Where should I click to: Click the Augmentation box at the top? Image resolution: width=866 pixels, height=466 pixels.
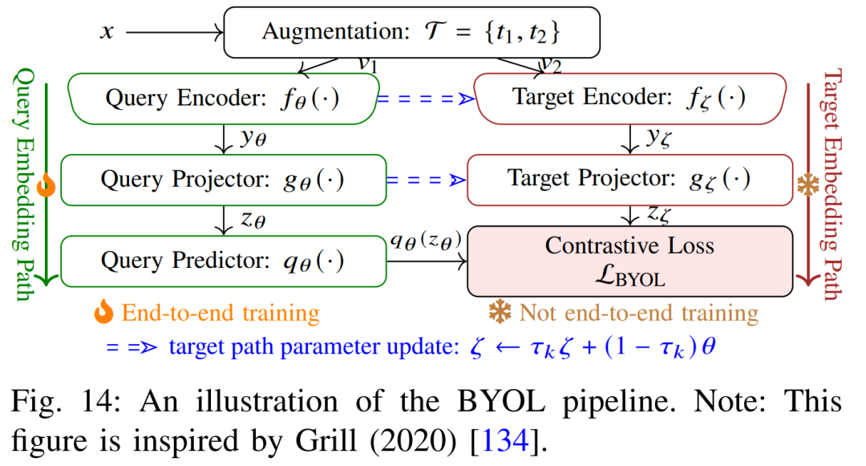411,32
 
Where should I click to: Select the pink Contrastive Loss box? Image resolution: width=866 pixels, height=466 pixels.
629,261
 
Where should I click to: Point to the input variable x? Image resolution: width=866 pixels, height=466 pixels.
106,32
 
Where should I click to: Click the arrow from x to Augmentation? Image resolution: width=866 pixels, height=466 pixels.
173,32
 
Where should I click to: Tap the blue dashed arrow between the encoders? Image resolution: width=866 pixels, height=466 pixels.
426,99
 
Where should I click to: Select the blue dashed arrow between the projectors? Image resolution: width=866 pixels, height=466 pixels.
426,180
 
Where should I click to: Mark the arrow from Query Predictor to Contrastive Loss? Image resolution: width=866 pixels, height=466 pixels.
426,261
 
